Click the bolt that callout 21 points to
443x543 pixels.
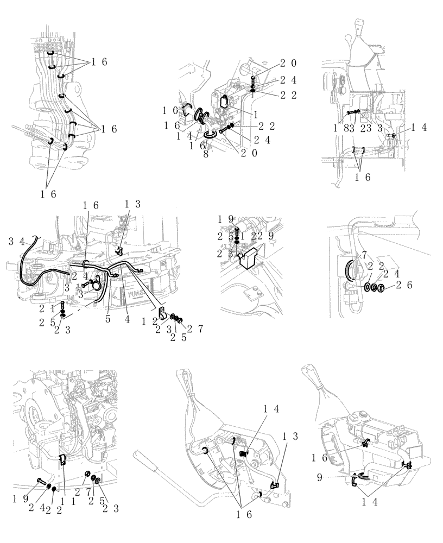tap(64, 305)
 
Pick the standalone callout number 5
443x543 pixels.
tap(108, 320)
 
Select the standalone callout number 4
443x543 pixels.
tap(126, 320)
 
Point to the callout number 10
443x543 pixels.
tap(173, 111)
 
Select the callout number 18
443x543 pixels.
tap(339, 129)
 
